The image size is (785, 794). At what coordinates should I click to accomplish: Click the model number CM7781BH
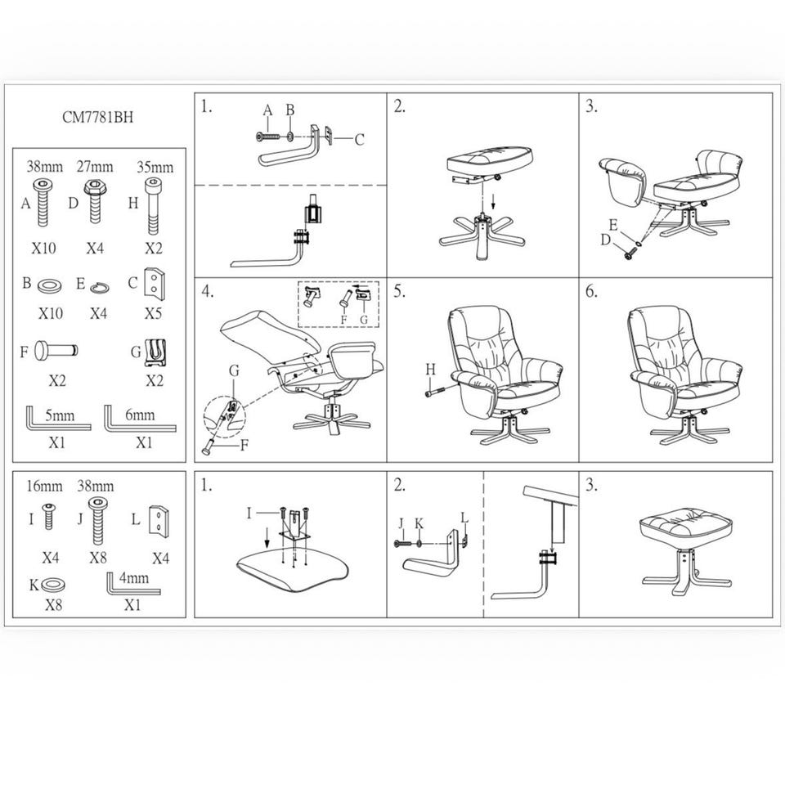(x=98, y=117)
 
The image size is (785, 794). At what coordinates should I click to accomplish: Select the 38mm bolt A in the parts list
(x=43, y=203)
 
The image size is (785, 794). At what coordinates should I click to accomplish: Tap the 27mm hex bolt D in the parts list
(x=95, y=202)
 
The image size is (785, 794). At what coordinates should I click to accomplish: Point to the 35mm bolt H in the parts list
(x=153, y=205)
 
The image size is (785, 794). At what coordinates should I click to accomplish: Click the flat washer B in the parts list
(x=49, y=285)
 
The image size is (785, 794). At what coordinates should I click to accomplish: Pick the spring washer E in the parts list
(x=100, y=288)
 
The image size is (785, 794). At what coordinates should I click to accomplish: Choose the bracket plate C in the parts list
(x=155, y=283)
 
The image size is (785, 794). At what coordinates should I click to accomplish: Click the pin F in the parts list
(x=56, y=351)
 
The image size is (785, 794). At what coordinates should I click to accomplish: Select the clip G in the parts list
(x=155, y=352)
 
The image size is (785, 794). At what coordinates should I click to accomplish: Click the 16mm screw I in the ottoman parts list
(x=48, y=517)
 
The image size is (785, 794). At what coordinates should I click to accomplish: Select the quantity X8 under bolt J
(x=98, y=558)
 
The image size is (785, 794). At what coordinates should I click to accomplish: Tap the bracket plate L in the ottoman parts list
(x=159, y=521)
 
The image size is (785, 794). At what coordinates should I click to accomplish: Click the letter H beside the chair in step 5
(x=430, y=370)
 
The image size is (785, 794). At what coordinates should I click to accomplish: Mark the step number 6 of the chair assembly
(x=591, y=292)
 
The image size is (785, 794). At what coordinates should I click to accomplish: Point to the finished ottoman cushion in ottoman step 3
(x=686, y=528)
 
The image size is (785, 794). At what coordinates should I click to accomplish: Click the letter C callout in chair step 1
(x=359, y=139)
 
